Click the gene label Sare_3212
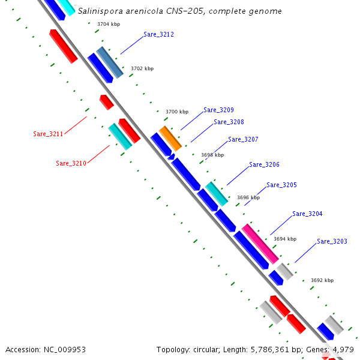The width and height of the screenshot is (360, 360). point(158,35)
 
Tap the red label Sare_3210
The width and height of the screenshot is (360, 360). point(71,163)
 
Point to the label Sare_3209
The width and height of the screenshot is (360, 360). point(218,110)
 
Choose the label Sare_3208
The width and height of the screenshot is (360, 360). point(229,122)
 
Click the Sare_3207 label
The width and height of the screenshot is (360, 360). point(243,140)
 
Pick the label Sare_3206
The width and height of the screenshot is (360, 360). point(264,165)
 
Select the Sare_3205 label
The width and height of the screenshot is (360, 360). point(281,185)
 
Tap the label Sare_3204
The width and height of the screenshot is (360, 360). point(307,214)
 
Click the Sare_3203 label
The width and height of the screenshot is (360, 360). point(332,242)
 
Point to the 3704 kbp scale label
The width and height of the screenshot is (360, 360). point(108,25)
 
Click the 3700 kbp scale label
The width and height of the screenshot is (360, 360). point(177,112)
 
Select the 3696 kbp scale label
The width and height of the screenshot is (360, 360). point(248,197)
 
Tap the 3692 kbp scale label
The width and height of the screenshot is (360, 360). point(322,280)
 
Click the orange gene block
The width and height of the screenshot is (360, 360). point(170,138)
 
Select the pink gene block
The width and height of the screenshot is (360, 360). point(260,243)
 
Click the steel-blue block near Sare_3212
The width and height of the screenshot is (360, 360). point(110,62)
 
